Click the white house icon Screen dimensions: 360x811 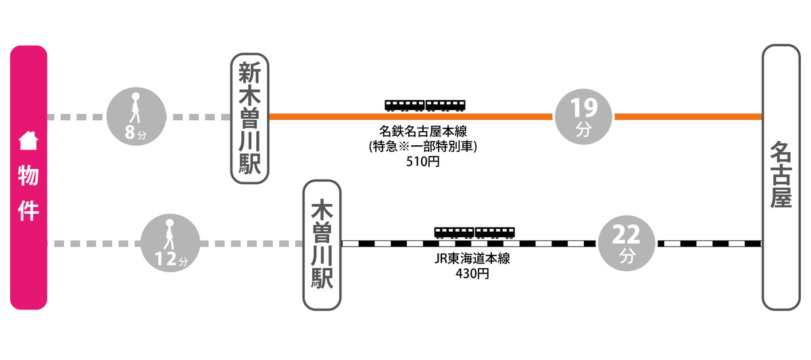coord(28,141)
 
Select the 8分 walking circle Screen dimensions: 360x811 coord(137,117)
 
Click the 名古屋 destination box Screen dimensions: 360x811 coord(781,178)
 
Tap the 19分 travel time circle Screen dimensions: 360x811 coord(583,117)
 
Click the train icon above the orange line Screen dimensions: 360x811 coord(425,105)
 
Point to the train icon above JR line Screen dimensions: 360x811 coord(474,232)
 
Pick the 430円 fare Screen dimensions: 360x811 coord(472,274)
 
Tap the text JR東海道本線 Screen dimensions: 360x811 coord(472,260)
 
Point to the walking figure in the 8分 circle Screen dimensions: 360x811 coord(136,108)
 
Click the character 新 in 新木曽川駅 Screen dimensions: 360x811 coord(250,73)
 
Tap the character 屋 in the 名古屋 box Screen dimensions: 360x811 coord(781,197)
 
